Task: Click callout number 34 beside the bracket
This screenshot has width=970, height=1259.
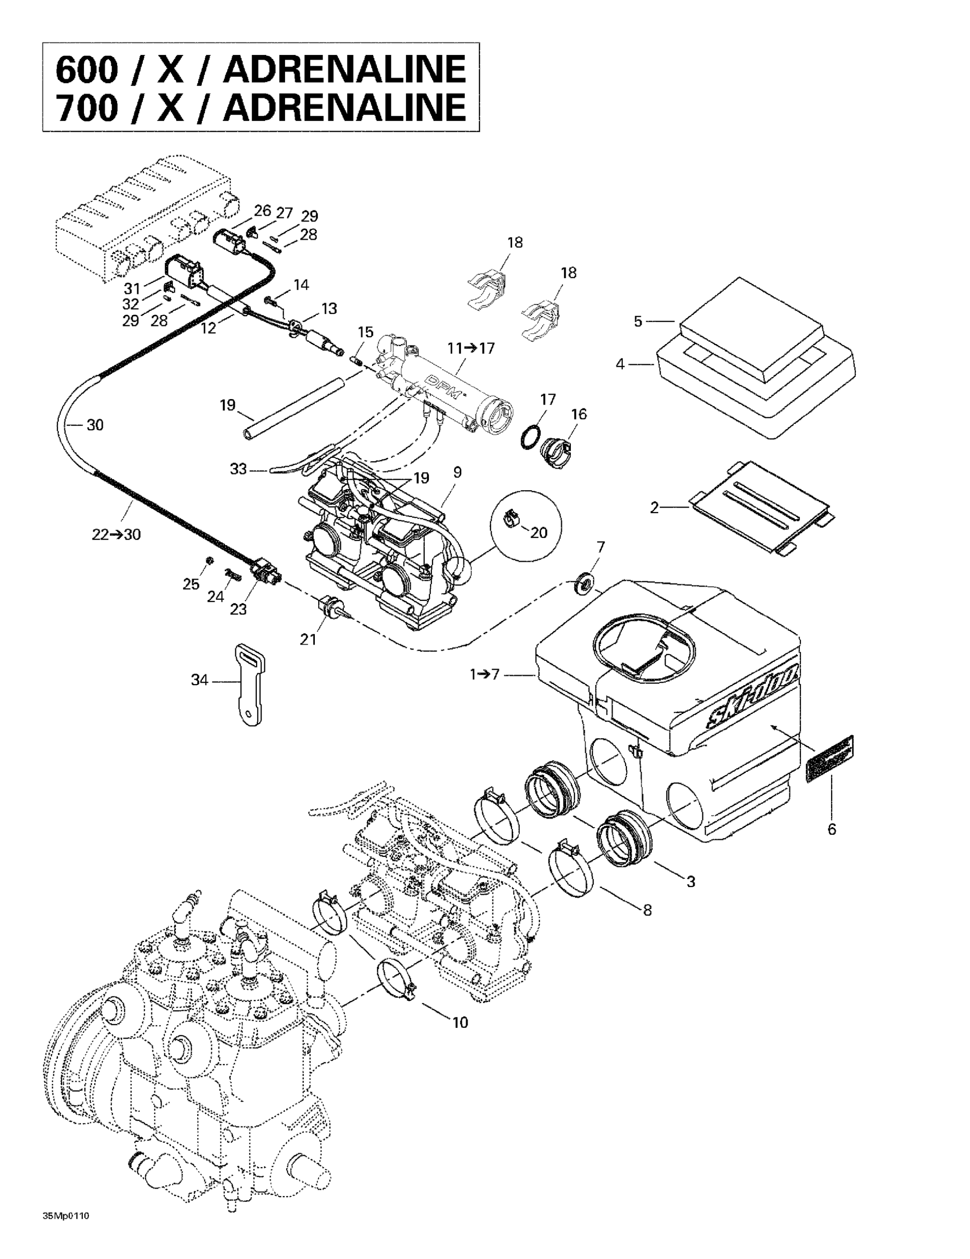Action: pos(199,681)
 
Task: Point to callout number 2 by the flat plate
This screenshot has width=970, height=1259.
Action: pos(654,507)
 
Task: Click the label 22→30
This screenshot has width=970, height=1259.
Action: pos(116,534)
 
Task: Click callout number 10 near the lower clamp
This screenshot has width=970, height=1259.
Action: pos(460,1022)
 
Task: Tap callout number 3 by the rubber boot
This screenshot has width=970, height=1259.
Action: pos(690,881)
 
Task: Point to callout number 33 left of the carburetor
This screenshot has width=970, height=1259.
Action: pos(238,469)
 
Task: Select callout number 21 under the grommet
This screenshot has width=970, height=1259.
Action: pos(308,639)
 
